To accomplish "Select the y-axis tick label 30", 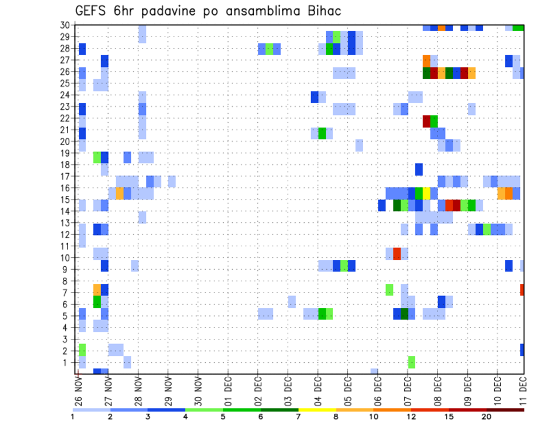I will (x=65, y=25).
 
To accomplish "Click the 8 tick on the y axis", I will (x=66, y=281).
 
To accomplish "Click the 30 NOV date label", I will (x=197, y=392).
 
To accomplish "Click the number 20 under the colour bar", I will (x=487, y=417).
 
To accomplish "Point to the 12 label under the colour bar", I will (x=411, y=417).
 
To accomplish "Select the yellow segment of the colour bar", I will (x=317, y=410).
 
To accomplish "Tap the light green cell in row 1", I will (x=412, y=362).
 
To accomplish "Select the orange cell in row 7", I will (x=97, y=290).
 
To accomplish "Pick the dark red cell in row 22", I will (x=427, y=121).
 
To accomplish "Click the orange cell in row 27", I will (x=427, y=60).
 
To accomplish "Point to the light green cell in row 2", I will (x=82, y=350).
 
